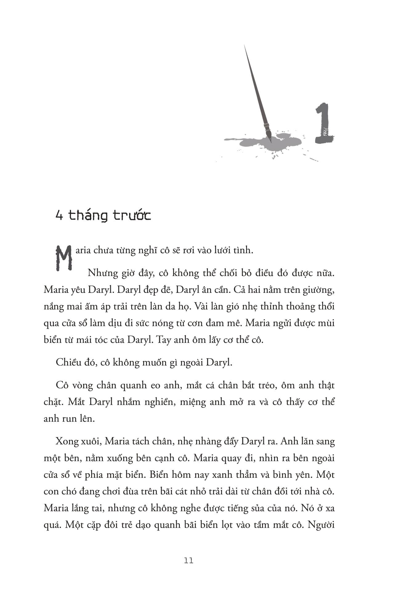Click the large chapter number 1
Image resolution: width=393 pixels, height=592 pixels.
[x=324, y=124]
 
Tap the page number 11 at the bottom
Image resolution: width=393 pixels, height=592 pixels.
[x=188, y=560]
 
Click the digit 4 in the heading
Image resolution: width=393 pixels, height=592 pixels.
[x=59, y=216]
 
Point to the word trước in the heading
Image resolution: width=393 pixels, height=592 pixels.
[x=132, y=215]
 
